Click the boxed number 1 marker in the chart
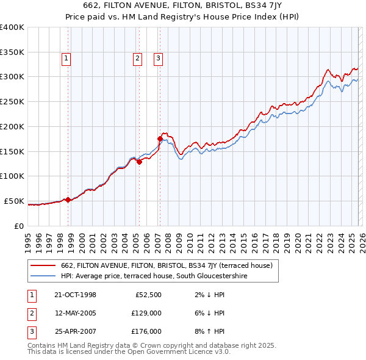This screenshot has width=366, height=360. [66, 59]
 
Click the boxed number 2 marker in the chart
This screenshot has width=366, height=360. [137, 59]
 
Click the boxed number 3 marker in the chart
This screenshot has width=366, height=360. [158, 59]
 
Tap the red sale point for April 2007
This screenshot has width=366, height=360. [160, 139]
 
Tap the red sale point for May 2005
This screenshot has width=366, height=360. [139, 162]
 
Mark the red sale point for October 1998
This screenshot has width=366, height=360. [68, 200]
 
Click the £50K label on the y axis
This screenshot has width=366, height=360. [14, 201]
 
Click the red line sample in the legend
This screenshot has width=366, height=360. [43, 265]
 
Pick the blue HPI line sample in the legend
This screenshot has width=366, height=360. [43, 276]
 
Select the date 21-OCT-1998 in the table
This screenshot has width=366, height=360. [75, 295]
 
